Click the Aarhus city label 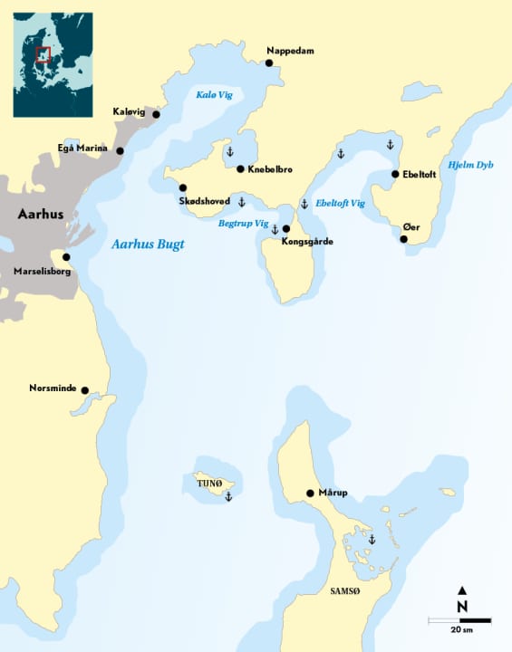coord(41,215)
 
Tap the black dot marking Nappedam coord(269,62)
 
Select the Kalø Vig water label coord(214,95)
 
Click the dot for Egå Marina coord(120,150)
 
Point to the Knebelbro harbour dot coord(240,168)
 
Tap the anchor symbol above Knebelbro coord(229,150)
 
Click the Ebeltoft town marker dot coord(395,174)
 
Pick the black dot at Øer coord(404,239)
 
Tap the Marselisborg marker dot coord(66,257)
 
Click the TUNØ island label coord(209,484)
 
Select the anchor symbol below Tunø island coord(228,497)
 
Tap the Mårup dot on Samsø coord(310,494)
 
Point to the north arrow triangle coord(462,590)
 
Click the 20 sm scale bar coord(459,620)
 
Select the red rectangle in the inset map coord(43,54)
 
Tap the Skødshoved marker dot coord(183,187)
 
